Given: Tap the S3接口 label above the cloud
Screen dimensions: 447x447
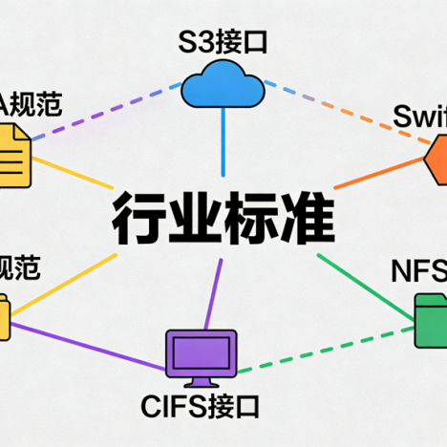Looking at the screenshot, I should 223,42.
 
